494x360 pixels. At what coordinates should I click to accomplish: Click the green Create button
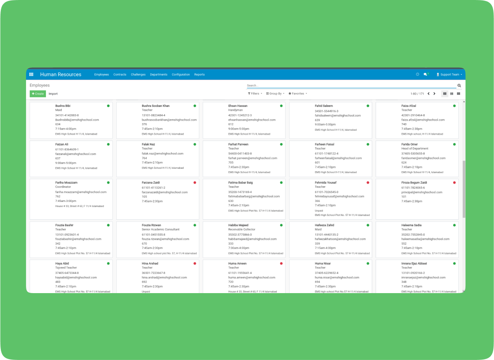pyautogui.click(x=38, y=94)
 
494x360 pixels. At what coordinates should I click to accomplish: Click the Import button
pyautogui.click(x=53, y=94)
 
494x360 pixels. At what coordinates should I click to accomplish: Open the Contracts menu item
pyautogui.click(x=120, y=75)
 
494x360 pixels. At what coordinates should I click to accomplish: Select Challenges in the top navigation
pyautogui.click(x=138, y=75)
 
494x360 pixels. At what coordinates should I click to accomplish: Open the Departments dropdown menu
pyautogui.click(x=159, y=75)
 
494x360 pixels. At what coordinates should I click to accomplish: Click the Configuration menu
pyautogui.click(x=181, y=75)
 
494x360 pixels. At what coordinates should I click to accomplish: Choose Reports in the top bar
pyautogui.click(x=199, y=75)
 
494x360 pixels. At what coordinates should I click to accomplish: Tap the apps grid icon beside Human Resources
pyautogui.click(x=31, y=75)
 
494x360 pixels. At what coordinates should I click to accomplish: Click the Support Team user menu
pyautogui.click(x=449, y=75)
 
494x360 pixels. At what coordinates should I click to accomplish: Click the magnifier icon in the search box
pyautogui.click(x=459, y=86)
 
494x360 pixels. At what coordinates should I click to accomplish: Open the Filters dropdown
pyautogui.click(x=255, y=94)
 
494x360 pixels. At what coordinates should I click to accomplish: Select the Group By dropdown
pyautogui.click(x=275, y=94)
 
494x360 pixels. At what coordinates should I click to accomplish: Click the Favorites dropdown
pyautogui.click(x=298, y=94)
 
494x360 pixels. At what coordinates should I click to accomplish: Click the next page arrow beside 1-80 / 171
pyautogui.click(x=434, y=94)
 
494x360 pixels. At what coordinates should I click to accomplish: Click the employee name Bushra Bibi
pyautogui.click(x=62, y=106)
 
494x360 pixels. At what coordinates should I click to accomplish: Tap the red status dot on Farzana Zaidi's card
pyautogui.click(x=195, y=183)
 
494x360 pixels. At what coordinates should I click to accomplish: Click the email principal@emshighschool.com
pyautogui.click(x=422, y=192)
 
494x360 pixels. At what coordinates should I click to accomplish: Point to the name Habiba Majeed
pyautogui.click(x=238, y=225)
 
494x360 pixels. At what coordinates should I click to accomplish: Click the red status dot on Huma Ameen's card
pyautogui.click(x=281, y=264)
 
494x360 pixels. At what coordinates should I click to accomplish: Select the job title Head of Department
pyautogui.click(x=415, y=149)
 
